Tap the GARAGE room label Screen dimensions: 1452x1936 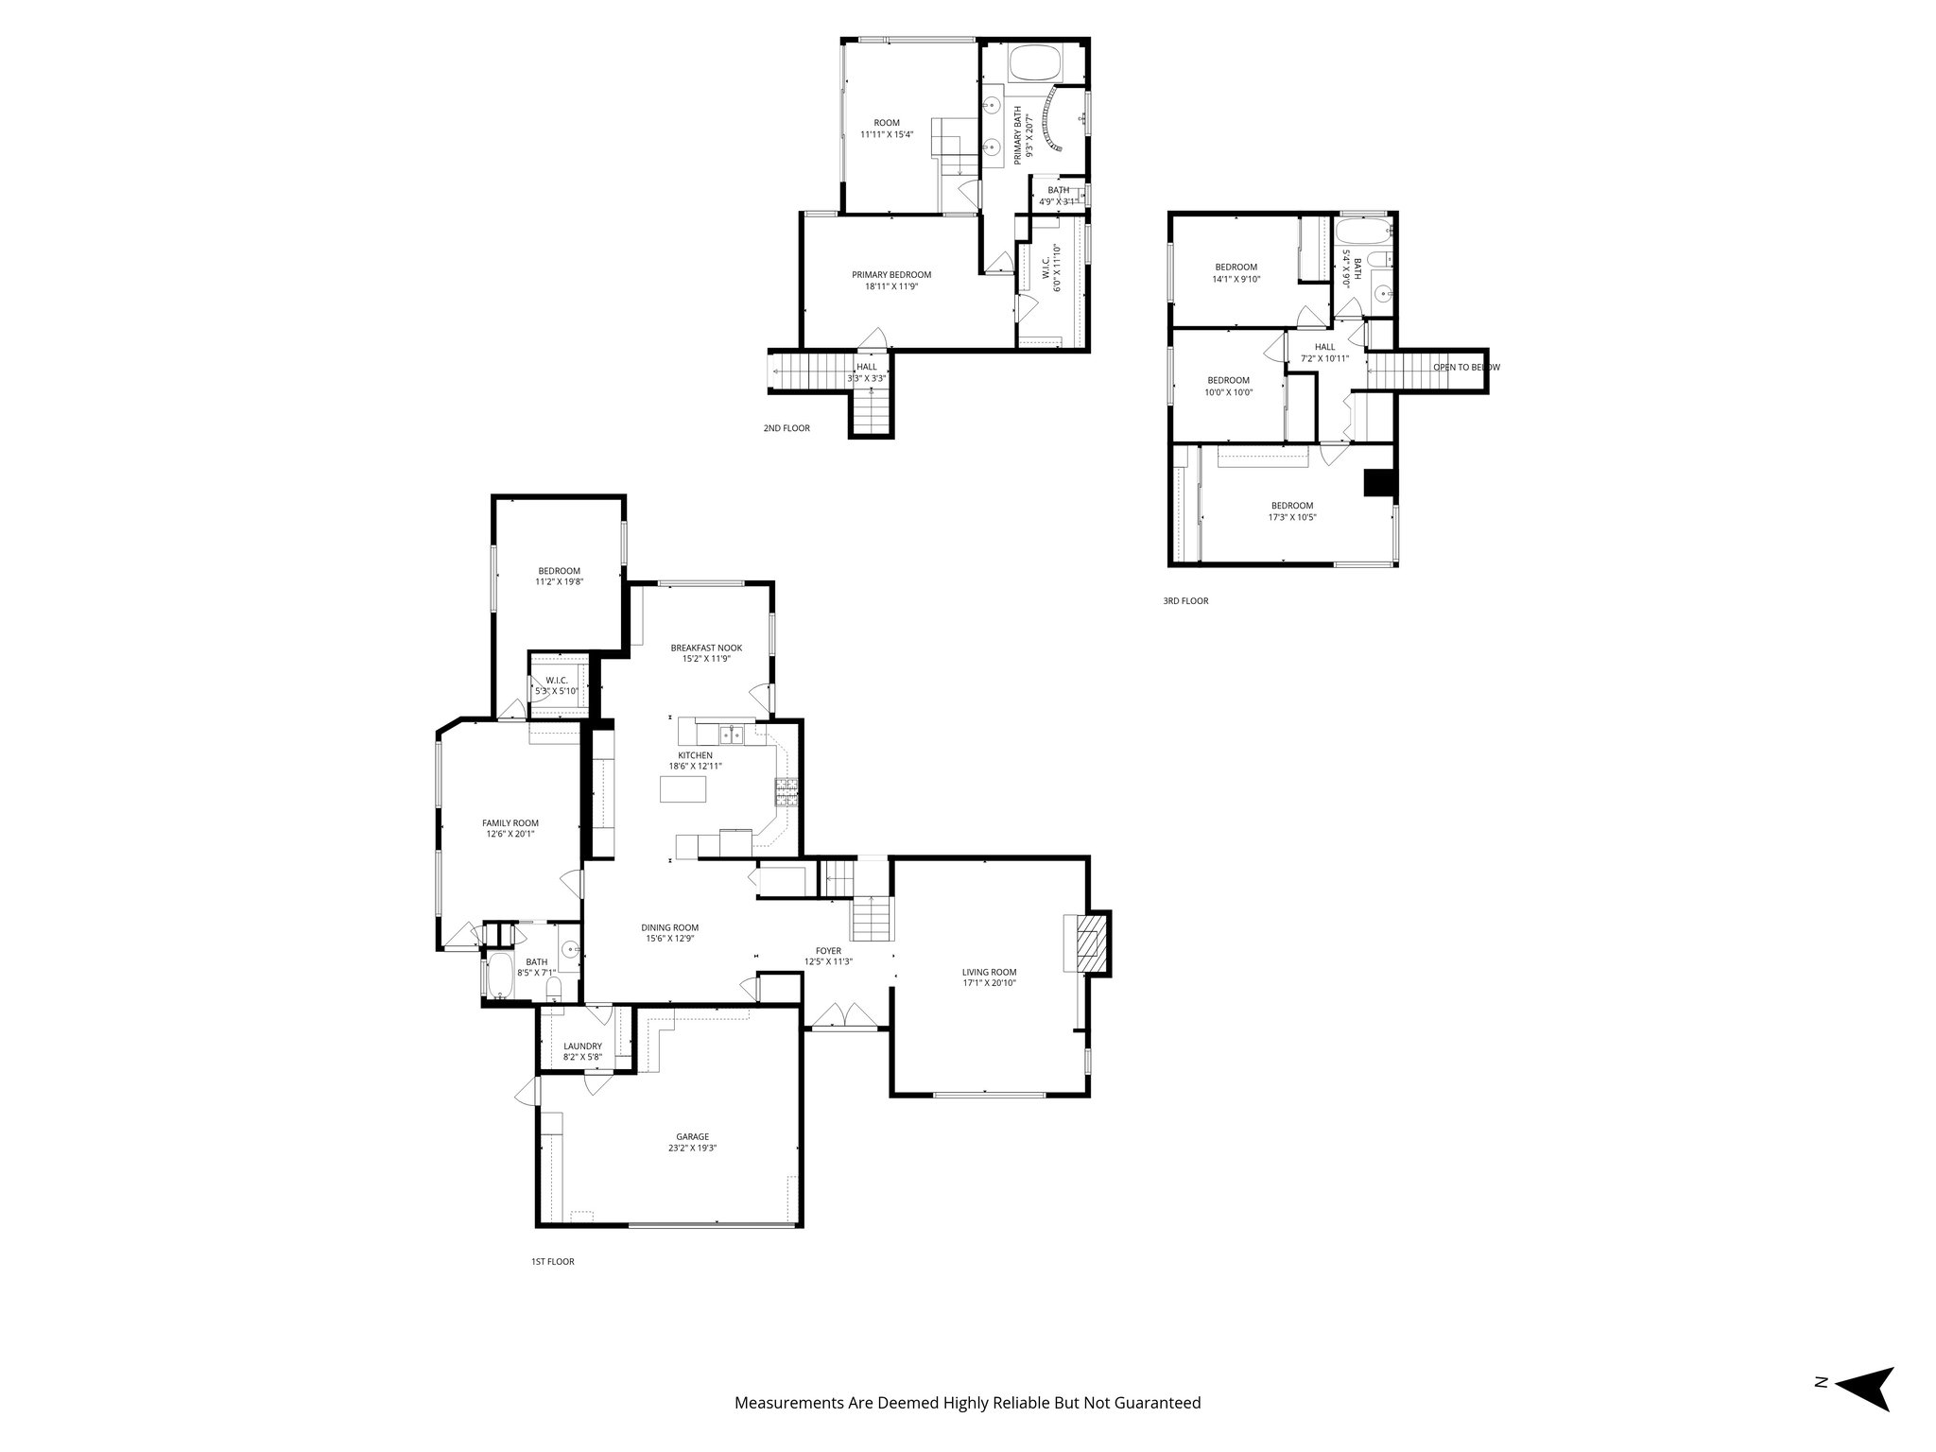[692, 1137]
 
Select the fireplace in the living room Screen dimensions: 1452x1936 [1089, 942]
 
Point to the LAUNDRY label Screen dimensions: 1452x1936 [582, 1046]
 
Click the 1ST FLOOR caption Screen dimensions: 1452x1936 [552, 1261]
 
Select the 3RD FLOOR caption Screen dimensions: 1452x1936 [1185, 600]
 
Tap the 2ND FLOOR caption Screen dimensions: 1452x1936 [786, 428]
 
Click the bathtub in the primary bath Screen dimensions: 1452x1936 [1037, 64]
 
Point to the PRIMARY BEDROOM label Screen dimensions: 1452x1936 [891, 275]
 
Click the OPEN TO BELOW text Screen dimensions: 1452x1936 [1465, 368]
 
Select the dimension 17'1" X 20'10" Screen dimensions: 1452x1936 [989, 983]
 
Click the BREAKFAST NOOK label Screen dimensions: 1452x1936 [706, 648]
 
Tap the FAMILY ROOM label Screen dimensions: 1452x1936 [510, 823]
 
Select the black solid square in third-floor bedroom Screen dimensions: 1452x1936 [1379, 482]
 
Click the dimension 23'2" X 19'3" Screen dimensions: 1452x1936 [692, 1149]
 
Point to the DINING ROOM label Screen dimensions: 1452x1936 [670, 927]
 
